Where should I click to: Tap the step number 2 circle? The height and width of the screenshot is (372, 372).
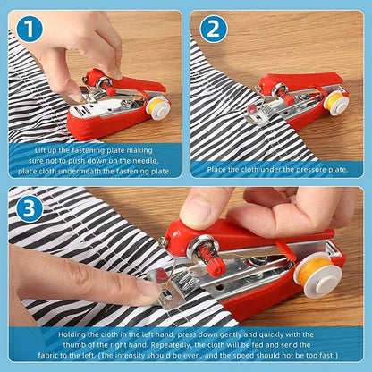click(212, 29)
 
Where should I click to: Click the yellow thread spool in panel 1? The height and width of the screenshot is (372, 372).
click(159, 107)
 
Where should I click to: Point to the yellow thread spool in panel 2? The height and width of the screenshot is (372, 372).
click(336, 101)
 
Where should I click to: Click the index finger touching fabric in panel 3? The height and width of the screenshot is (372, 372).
click(134, 292)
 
